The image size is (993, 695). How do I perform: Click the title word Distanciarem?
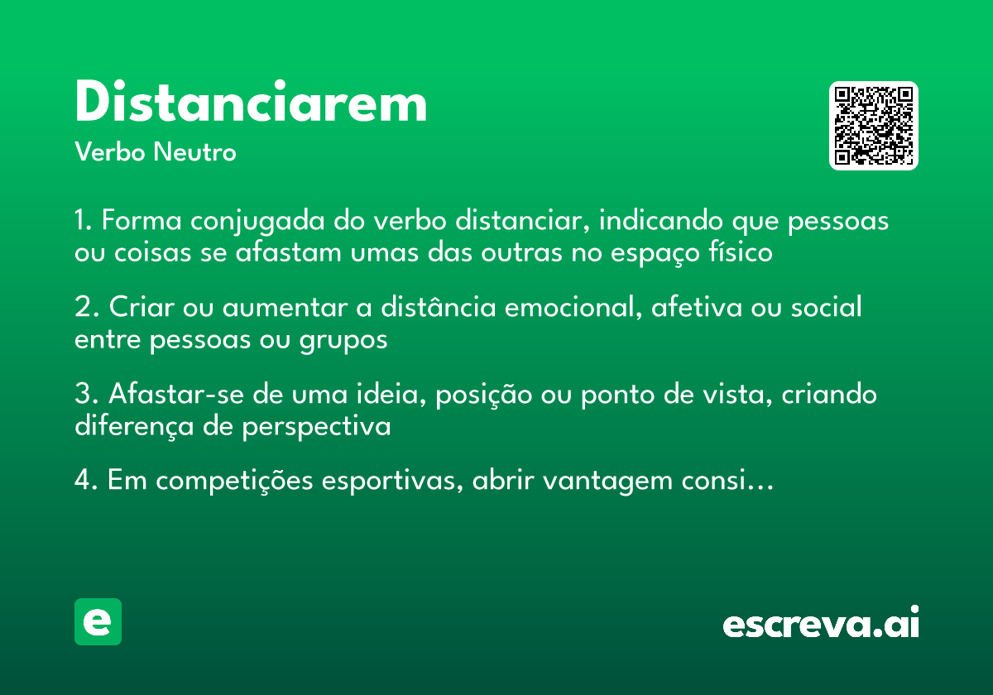coord(251,103)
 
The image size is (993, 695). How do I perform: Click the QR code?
coord(874,126)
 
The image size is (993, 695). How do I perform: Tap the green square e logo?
coord(98,621)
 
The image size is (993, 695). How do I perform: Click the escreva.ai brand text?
coord(821,624)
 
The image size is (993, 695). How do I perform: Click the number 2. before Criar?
coord(85,308)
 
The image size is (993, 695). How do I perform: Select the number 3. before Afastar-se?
coord(85,394)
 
